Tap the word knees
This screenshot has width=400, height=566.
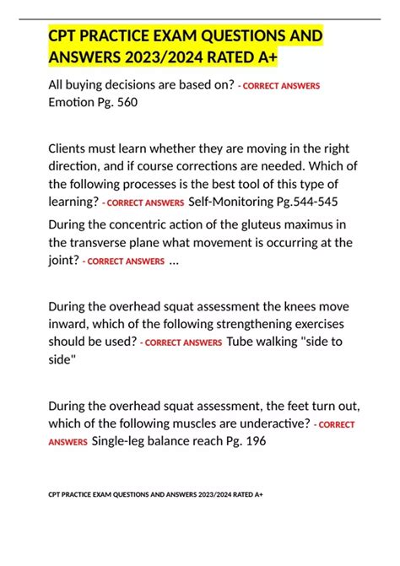(298, 305)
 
